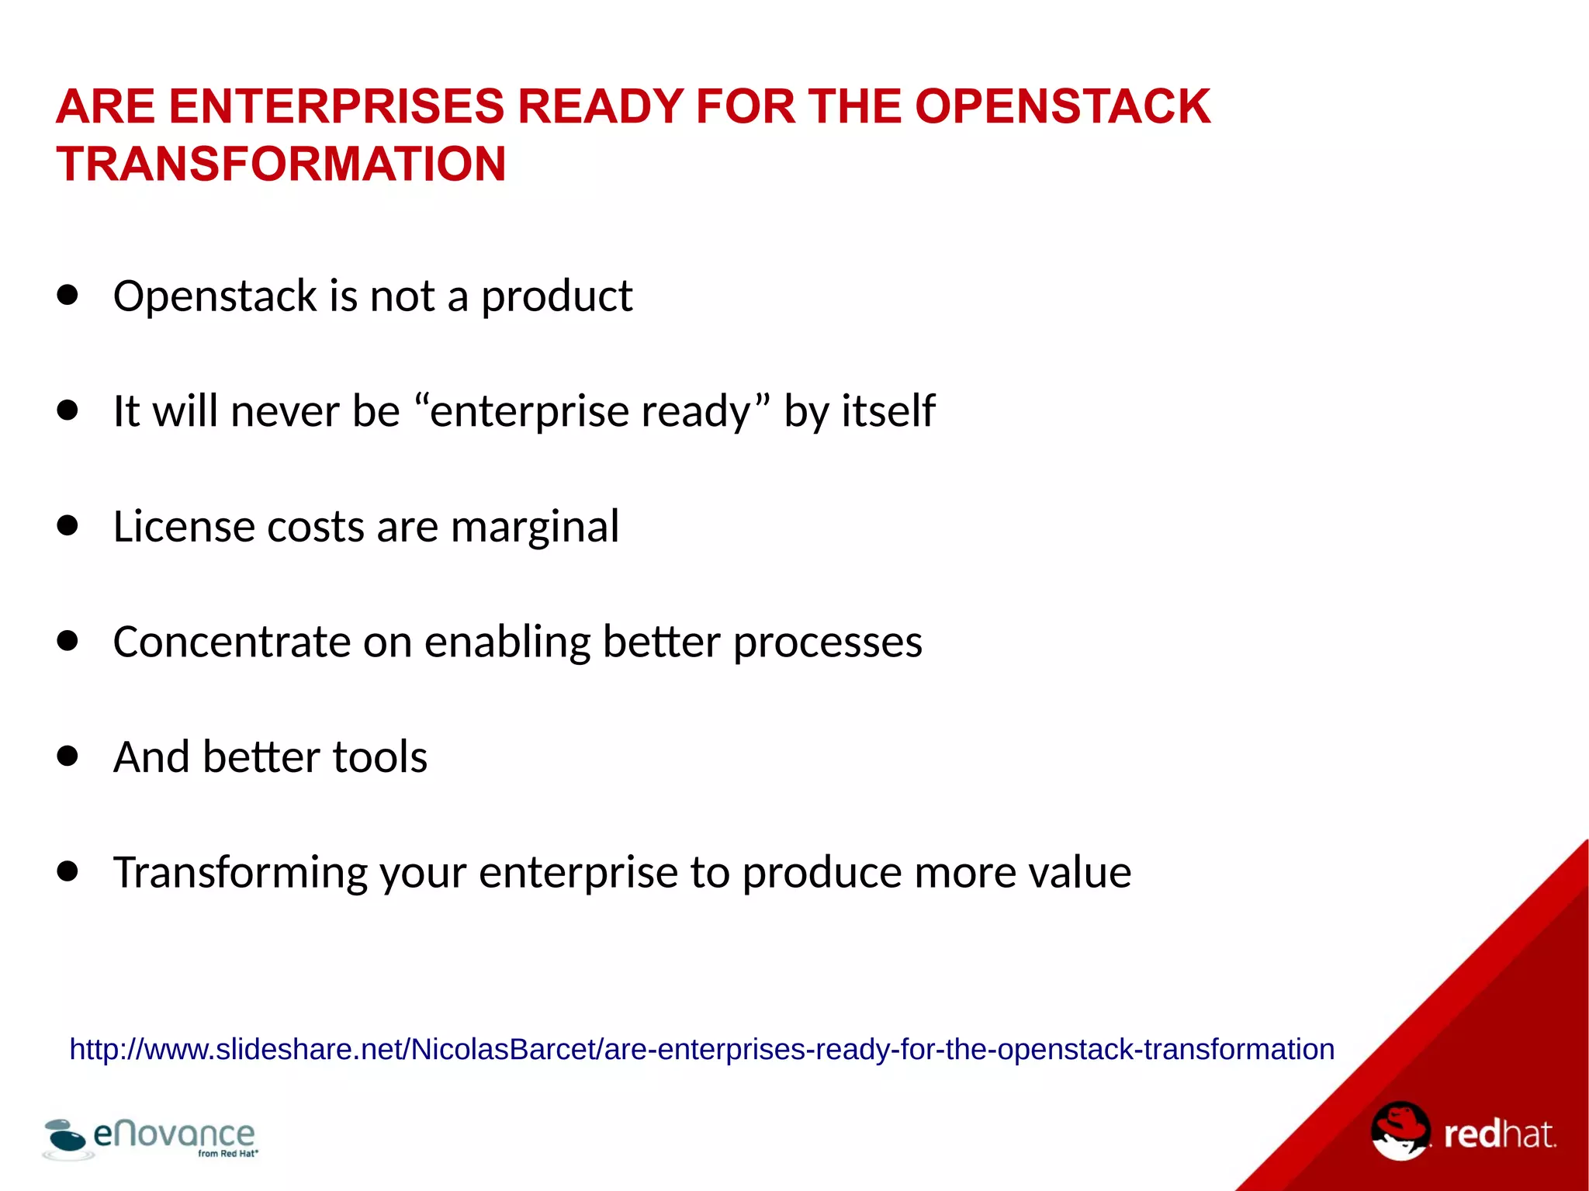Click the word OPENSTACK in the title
(1062, 106)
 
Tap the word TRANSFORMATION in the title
(281, 164)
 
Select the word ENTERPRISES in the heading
(337, 106)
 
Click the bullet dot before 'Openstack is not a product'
(68, 295)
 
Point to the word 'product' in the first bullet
(556, 296)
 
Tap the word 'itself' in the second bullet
(888, 411)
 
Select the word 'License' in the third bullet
(184, 527)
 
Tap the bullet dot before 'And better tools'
(68, 756)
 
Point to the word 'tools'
(379, 757)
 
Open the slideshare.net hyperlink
(701, 1049)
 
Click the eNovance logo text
(174, 1134)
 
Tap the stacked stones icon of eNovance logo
(65, 1137)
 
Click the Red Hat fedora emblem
(1400, 1130)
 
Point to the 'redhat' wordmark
(1498, 1134)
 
